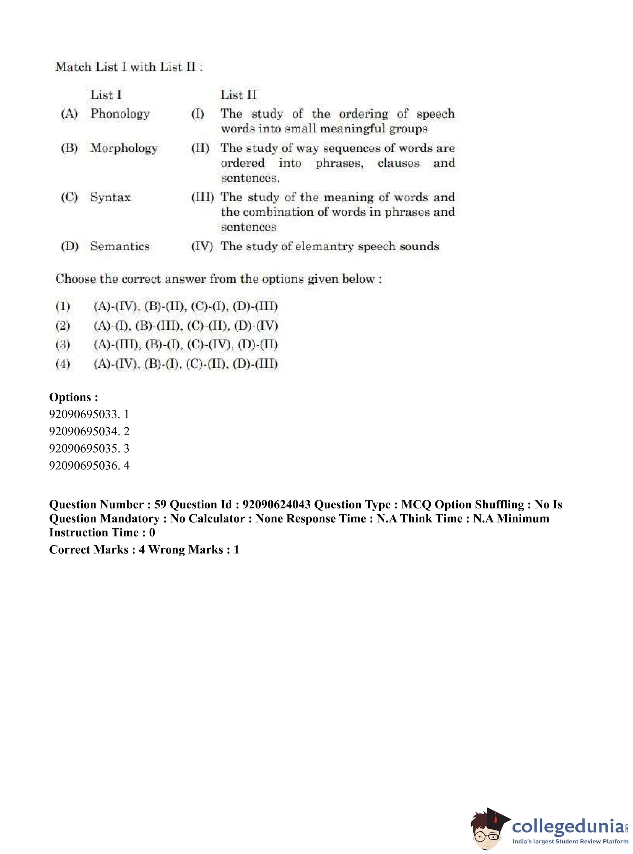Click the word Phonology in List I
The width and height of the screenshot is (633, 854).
[120, 114]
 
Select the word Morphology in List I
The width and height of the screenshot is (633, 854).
[124, 148]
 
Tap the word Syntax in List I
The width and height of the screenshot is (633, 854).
[110, 197]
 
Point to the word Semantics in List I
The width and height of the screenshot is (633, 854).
[120, 246]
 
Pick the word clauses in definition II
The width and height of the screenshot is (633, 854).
[398, 163]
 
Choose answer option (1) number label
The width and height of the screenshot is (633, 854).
[63, 306]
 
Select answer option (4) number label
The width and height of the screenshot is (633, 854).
[63, 364]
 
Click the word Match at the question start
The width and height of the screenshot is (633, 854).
[73, 67]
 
